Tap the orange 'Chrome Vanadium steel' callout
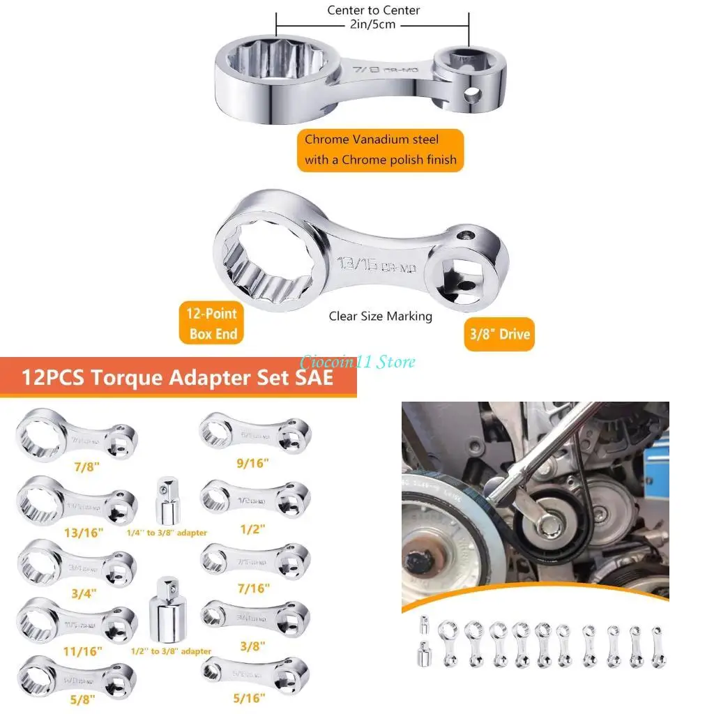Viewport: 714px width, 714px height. click(381, 149)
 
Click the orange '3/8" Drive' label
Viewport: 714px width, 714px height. click(499, 334)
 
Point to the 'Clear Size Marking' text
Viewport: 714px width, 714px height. click(381, 317)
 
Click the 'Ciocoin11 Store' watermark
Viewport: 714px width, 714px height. click(358, 362)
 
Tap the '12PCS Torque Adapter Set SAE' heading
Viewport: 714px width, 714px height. click(177, 378)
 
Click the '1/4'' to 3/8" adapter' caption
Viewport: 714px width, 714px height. click(167, 533)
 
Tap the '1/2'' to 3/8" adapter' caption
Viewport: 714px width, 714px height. click(171, 651)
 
